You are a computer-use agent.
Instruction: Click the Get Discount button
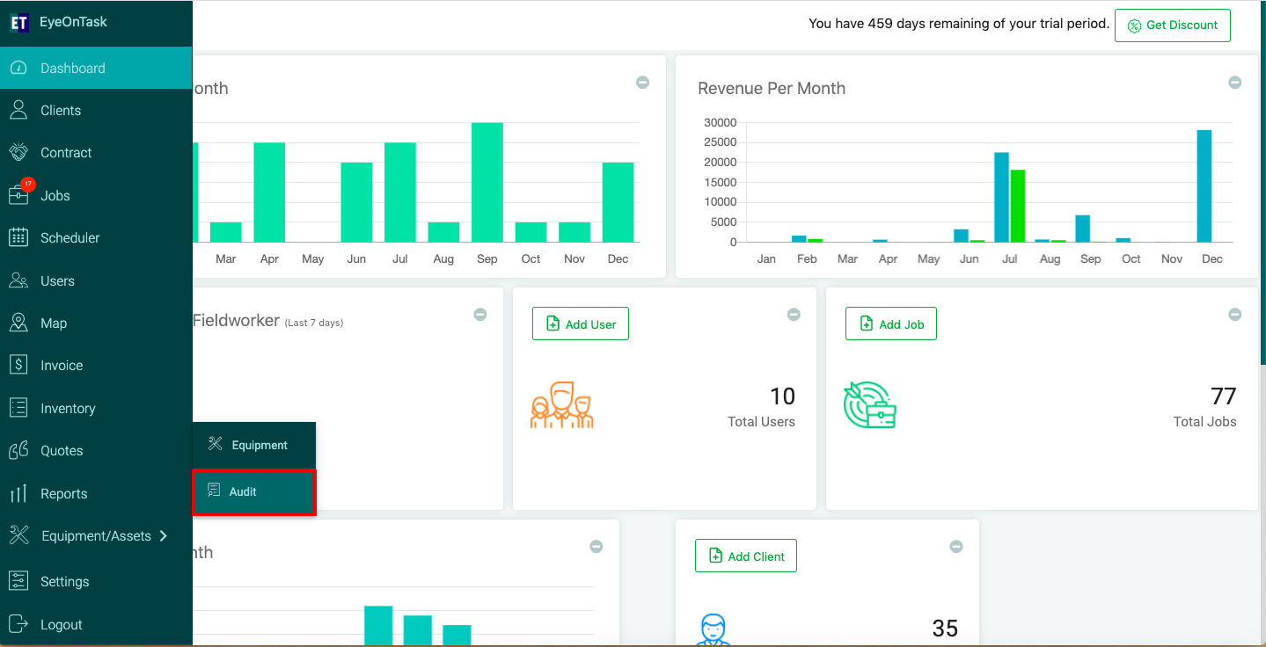1172,25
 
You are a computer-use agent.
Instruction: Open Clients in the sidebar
61,110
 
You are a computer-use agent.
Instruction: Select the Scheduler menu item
70,237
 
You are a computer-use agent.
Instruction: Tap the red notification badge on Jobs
27,184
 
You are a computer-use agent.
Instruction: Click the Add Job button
890,323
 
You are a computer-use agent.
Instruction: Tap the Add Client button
745,556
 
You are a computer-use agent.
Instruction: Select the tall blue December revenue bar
1204,185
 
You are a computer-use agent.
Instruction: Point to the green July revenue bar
1017,206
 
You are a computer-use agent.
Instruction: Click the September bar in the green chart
487,182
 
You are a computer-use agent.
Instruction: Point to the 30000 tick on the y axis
720,122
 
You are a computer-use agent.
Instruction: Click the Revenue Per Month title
772,88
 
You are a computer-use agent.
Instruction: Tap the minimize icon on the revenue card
1235,83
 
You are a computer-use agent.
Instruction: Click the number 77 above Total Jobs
1223,396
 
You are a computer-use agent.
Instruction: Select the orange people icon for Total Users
562,404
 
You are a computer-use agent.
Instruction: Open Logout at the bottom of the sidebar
61,624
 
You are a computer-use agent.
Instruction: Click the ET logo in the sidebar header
19,23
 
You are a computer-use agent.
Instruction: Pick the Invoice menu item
62,366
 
